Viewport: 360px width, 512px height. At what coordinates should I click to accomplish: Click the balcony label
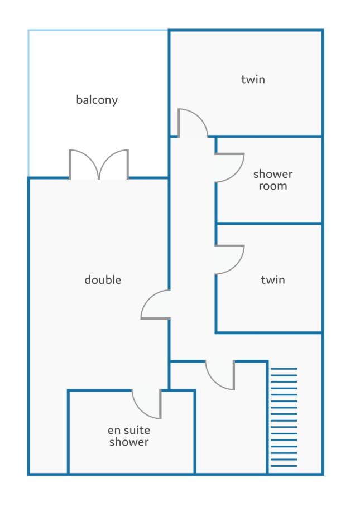[x=97, y=100]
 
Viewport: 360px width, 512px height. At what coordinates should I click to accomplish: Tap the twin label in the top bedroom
[x=253, y=79]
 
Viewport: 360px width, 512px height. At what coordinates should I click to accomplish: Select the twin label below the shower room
[x=273, y=280]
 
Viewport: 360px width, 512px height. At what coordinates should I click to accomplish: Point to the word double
[x=103, y=280]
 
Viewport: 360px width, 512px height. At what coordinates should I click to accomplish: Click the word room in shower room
[x=273, y=186]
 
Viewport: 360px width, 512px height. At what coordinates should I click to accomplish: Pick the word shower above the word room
[x=273, y=174]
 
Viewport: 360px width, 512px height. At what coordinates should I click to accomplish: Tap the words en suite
[x=129, y=431]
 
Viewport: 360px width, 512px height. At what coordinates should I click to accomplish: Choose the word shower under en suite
[x=129, y=442]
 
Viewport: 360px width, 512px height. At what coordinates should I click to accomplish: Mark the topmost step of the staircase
[x=284, y=369]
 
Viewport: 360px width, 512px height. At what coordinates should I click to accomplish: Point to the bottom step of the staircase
[x=284, y=466]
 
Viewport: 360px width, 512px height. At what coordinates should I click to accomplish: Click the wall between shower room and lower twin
[x=269, y=224]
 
